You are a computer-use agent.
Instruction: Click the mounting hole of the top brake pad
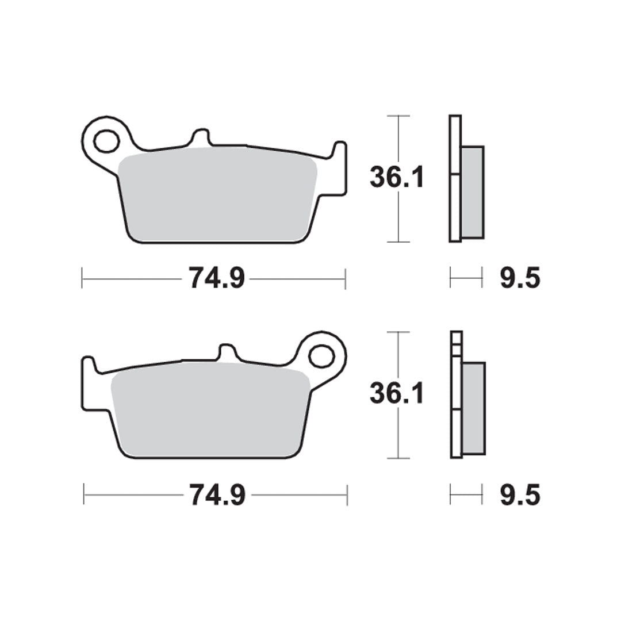click(x=106, y=141)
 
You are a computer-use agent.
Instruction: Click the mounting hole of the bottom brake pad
click(x=321, y=356)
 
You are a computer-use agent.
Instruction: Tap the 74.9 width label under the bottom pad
click(x=217, y=494)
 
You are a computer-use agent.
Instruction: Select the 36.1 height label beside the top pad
click(x=397, y=178)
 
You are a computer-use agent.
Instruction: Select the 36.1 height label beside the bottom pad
click(x=397, y=394)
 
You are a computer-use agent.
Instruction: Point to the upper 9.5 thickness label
click(x=520, y=279)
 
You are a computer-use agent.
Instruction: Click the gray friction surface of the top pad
click(x=218, y=195)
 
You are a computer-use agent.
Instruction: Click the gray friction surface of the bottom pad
click(x=210, y=411)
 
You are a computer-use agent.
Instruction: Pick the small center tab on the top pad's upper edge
click(x=200, y=137)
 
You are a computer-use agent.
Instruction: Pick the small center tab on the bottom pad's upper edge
click(x=227, y=352)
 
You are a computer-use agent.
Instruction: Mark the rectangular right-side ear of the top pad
click(x=339, y=170)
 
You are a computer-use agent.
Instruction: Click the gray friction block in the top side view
click(x=473, y=191)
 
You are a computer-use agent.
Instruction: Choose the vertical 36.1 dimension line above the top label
click(x=398, y=138)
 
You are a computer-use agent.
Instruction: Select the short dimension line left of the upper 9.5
click(x=466, y=279)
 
